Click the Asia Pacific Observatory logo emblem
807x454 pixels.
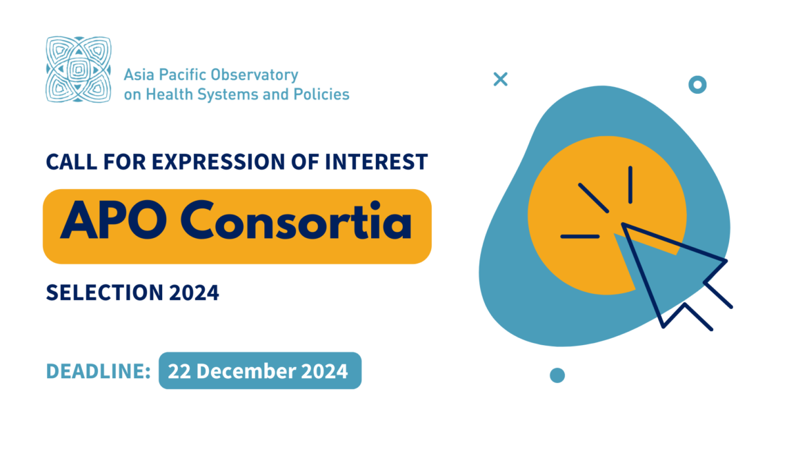pyautogui.click(x=78, y=70)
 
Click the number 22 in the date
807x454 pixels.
pyautogui.click(x=179, y=371)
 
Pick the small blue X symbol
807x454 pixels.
pyautogui.click(x=501, y=79)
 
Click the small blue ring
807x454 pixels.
pyautogui.click(x=697, y=85)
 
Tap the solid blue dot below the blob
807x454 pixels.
pyautogui.click(x=557, y=375)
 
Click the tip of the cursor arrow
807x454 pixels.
pyautogui.click(x=624, y=224)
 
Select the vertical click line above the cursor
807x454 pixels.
pyautogui.click(x=630, y=184)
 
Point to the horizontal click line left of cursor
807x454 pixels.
pyautogui.click(x=580, y=237)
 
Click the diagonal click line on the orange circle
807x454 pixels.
pyautogui.click(x=593, y=197)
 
